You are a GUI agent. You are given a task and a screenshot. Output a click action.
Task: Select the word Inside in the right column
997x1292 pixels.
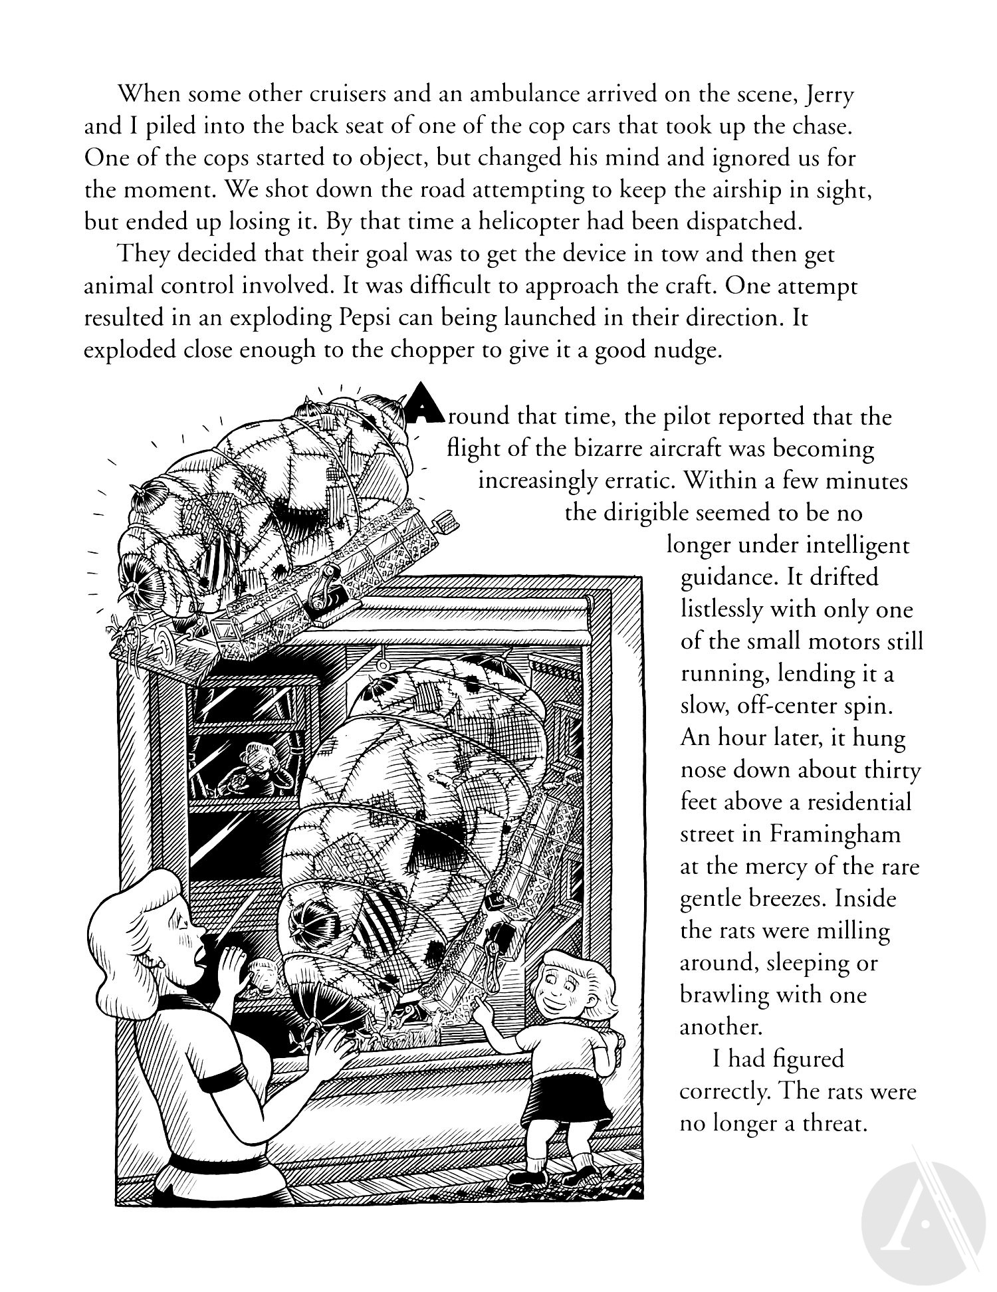(865, 898)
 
